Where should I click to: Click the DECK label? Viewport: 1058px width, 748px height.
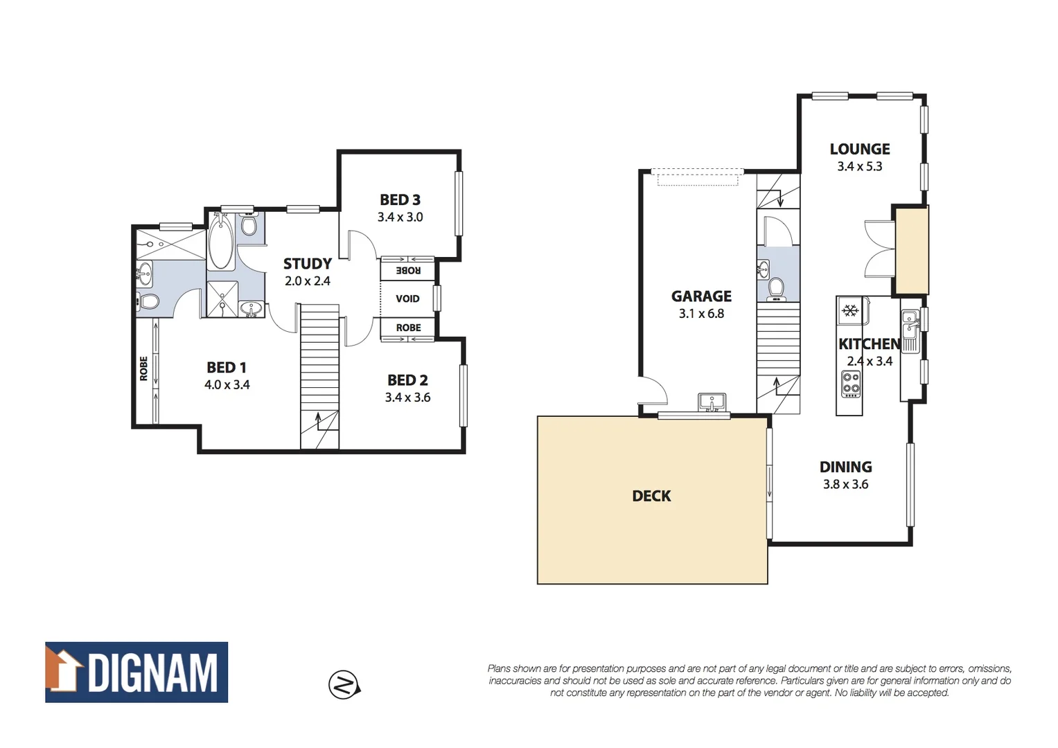pyautogui.click(x=651, y=496)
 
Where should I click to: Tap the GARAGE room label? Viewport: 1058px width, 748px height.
pyautogui.click(x=701, y=296)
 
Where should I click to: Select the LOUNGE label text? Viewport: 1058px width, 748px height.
pyautogui.click(x=860, y=149)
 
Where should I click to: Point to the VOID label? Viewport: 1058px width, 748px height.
pyautogui.click(x=407, y=299)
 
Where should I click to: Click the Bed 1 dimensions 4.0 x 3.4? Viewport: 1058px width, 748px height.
pyautogui.click(x=227, y=385)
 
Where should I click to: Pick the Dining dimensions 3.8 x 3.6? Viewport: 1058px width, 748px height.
pyautogui.click(x=845, y=485)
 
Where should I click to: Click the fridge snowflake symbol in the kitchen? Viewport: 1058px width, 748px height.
pyautogui.click(x=850, y=310)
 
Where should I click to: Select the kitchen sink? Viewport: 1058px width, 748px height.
pyautogui.click(x=910, y=326)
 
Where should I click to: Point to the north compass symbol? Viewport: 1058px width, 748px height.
pyautogui.click(x=344, y=685)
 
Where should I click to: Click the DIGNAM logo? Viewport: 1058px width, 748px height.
pyautogui.click(x=136, y=672)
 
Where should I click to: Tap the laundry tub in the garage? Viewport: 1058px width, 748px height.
pyautogui.click(x=712, y=402)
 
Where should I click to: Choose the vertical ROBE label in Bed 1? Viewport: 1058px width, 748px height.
pyautogui.click(x=143, y=368)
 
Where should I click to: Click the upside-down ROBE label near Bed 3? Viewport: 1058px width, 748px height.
pyautogui.click(x=408, y=270)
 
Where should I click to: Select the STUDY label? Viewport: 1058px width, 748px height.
pyautogui.click(x=308, y=264)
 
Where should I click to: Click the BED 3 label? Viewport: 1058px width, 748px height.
pyautogui.click(x=400, y=200)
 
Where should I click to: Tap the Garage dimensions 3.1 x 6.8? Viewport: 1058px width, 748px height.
pyautogui.click(x=701, y=314)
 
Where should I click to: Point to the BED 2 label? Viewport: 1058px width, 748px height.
pyautogui.click(x=407, y=380)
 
